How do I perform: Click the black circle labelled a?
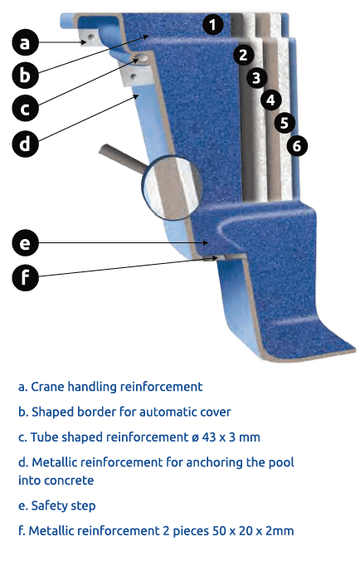pyautogui.click(x=25, y=42)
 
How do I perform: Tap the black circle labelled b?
pyautogui.click(x=25, y=75)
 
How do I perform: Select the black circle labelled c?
pyautogui.click(x=25, y=109)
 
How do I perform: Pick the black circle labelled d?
pyautogui.click(x=25, y=144)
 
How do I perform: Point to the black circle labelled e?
pyautogui.click(x=25, y=242)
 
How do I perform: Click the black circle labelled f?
pyautogui.click(x=25, y=277)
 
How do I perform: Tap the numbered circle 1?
pyautogui.click(x=212, y=24)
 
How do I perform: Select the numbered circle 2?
pyautogui.click(x=243, y=55)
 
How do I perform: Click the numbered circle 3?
pyautogui.click(x=256, y=77)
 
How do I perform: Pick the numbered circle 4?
pyautogui.click(x=270, y=100)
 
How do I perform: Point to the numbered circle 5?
pyautogui.click(x=285, y=122)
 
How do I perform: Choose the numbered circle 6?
pyautogui.click(x=297, y=146)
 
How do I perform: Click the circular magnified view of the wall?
pyautogui.click(x=173, y=188)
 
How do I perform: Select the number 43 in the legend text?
pyautogui.click(x=209, y=437)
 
